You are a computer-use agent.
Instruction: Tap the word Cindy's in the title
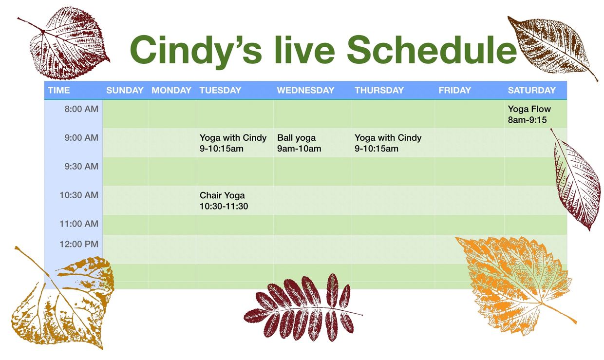tap(196, 51)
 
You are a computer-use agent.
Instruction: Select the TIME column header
tap(59, 90)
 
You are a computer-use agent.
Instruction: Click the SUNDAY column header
tap(125, 90)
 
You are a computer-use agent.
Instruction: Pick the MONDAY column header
tap(171, 90)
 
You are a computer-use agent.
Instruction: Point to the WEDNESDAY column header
tap(305, 90)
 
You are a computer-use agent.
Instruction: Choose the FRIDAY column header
tap(455, 90)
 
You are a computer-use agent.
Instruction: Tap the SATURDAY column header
tap(532, 90)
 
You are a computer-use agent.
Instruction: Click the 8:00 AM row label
tap(81, 109)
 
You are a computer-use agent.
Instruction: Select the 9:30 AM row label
tap(81, 167)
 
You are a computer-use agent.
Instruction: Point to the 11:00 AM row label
tap(79, 224)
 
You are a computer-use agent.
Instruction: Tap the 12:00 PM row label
tap(79, 245)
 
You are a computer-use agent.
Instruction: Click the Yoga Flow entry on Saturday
tap(529, 114)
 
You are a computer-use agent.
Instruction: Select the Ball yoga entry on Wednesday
tap(299, 143)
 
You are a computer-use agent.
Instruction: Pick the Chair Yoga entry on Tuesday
tap(224, 201)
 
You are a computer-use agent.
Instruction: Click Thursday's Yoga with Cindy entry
tap(388, 143)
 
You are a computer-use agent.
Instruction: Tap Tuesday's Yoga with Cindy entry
tap(233, 143)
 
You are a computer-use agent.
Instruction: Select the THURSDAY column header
tap(379, 90)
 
